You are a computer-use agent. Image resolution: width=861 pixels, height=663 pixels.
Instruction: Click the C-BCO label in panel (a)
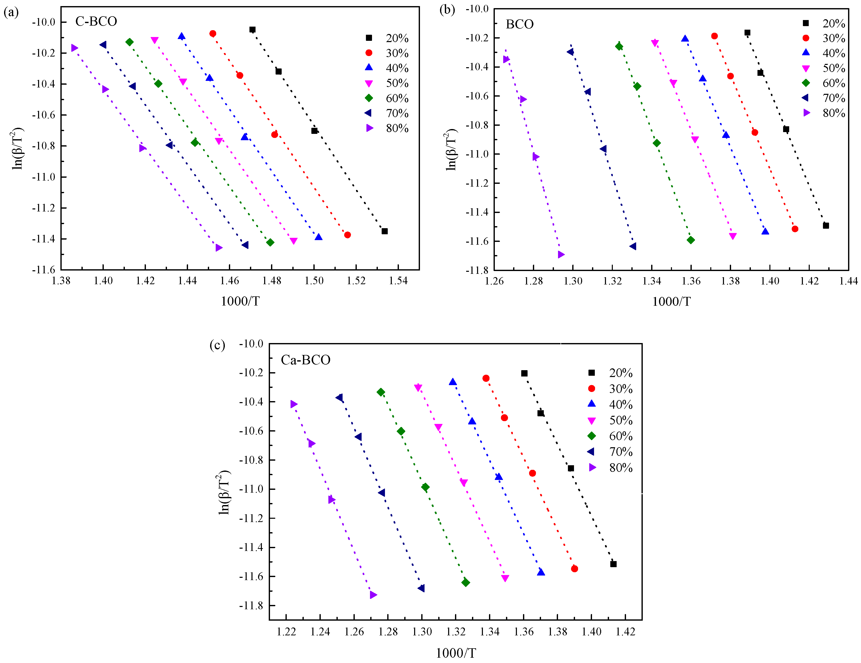(96, 21)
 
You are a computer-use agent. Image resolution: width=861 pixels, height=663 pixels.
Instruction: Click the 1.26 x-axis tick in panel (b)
(494, 281)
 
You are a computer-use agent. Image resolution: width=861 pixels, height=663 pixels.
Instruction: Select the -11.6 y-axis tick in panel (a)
(43, 270)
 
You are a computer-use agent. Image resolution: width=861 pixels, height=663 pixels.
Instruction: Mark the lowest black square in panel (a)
(384, 231)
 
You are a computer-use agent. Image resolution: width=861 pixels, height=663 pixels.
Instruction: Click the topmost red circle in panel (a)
(212, 33)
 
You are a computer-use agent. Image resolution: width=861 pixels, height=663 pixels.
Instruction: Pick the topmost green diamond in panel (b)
(619, 46)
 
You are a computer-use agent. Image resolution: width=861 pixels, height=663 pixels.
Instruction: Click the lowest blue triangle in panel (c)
(541, 572)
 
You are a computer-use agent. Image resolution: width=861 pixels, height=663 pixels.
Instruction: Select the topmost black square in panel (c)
(524, 373)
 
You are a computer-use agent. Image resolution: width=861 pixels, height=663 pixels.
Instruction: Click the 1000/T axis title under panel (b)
(671, 301)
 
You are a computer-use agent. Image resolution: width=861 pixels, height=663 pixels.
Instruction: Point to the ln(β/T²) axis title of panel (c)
(224, 492)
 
